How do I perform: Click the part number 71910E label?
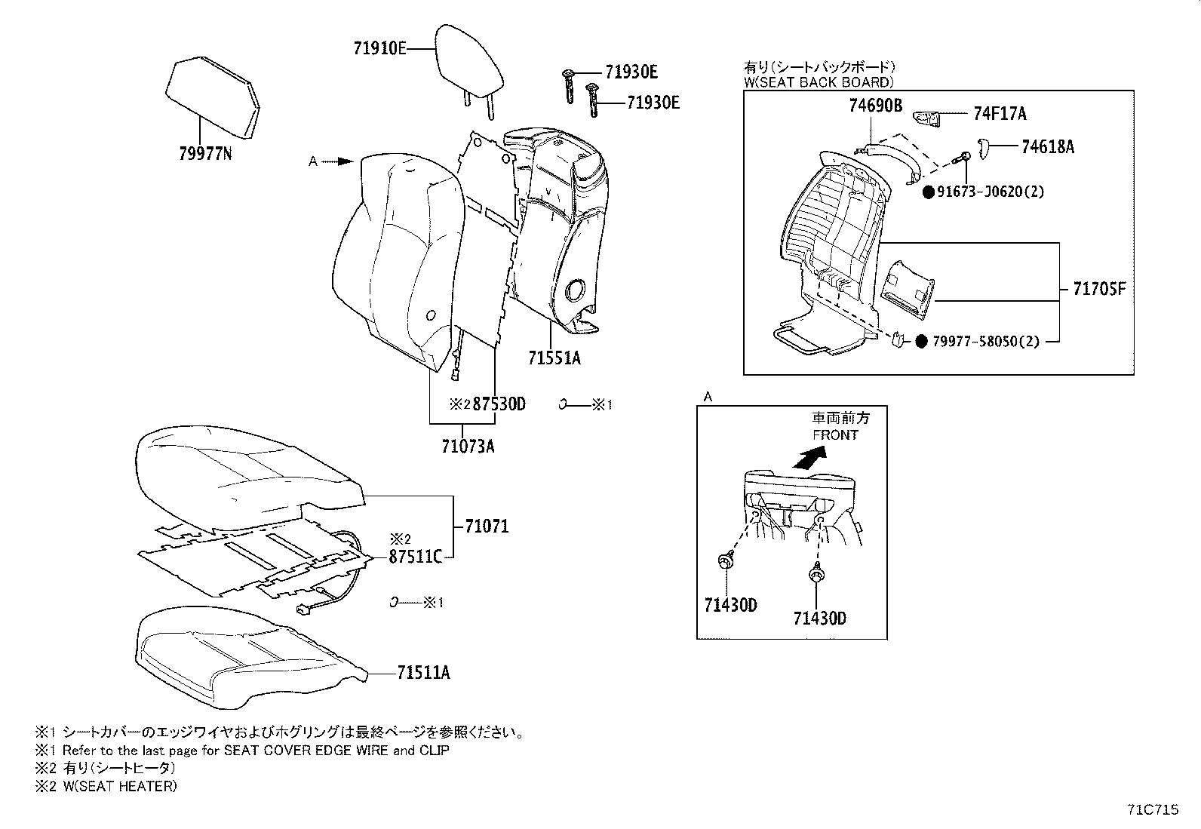(x=379, y=49)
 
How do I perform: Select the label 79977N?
(x=205, y=154)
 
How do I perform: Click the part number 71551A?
(x=554, y=358)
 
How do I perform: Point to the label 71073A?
(x=468, y=446)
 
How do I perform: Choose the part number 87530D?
(x=499, y=405)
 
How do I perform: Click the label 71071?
(x=487, y=526)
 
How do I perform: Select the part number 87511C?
(x=415, y=557)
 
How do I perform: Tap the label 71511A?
(x=423, y=672)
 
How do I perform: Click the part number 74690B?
(x=875, y=106)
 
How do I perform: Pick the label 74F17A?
(x=1000, y=115)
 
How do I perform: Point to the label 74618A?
(x=1047, y=147)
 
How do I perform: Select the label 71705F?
(x=1098, y=289)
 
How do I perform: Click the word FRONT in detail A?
(x=835, y=435)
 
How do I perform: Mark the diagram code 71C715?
(x=1152, y=810)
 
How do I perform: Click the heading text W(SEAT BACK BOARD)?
(x=819, y=82)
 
